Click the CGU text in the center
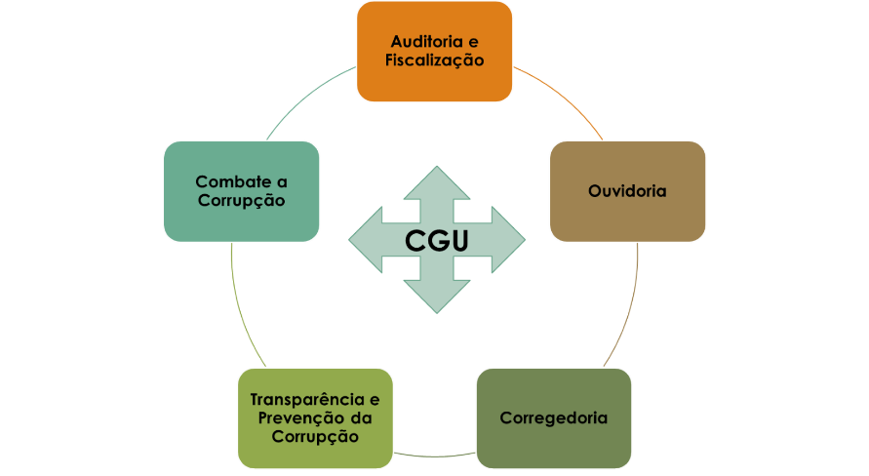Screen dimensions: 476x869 pyautogui.click(x=436, y=240)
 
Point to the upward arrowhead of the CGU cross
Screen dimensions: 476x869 pyautogui.click(x=436, y=181)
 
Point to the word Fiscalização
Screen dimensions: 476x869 pyautogui.click(x=435, y=59)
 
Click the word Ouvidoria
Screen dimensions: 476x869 pyautogui.click(x=627, y=191)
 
